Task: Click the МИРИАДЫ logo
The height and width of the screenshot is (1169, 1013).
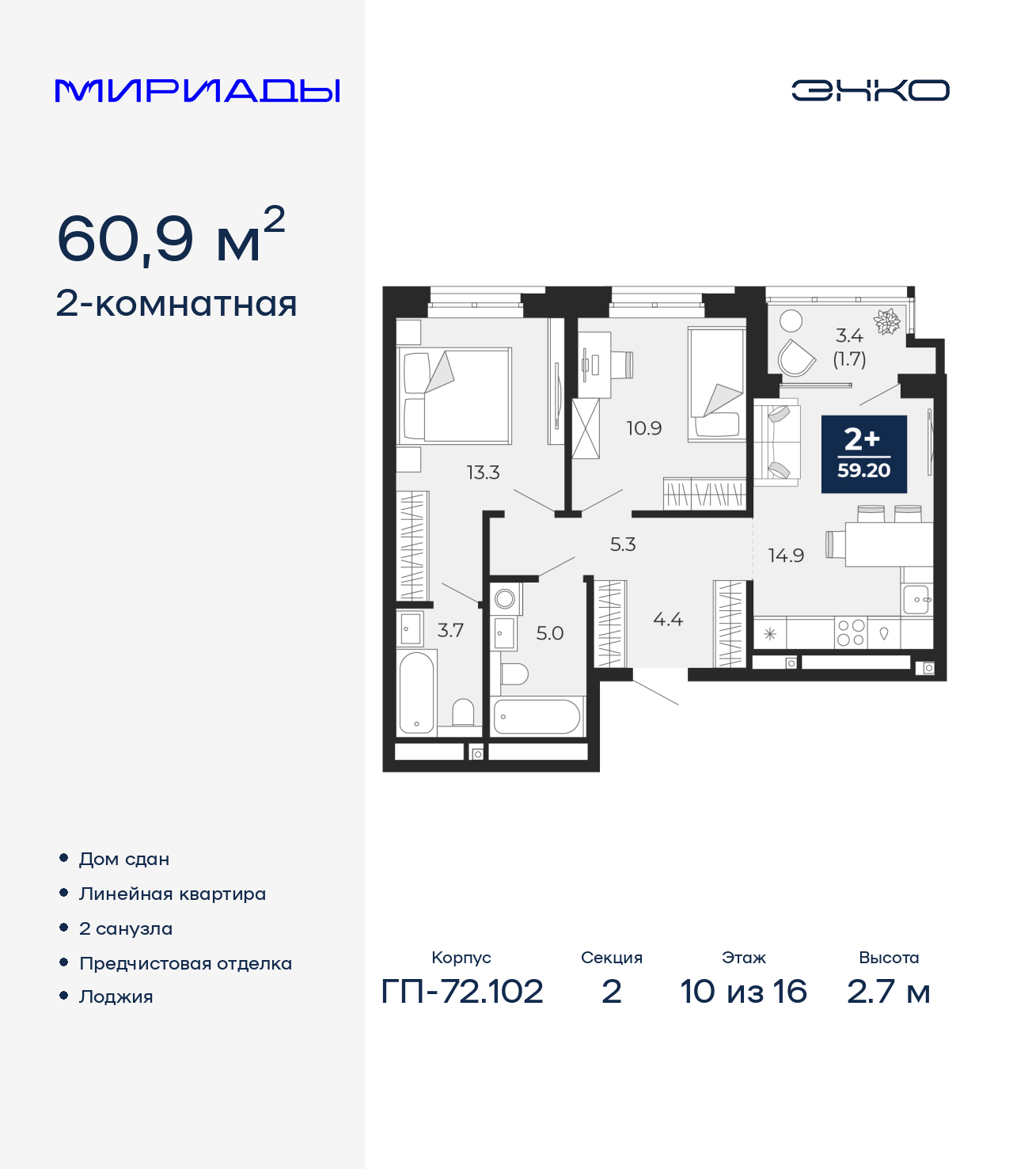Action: [x=197, y=90]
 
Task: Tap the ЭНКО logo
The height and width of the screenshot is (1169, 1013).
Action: [x=870, y=90]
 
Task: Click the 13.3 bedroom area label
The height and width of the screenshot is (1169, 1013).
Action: [x=483, y=473]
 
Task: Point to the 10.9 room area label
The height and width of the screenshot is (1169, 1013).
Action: [x=643, y=428]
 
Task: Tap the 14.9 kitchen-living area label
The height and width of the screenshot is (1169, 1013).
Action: [x=786, y=556]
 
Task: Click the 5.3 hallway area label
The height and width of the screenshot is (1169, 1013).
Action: [x=623, y=545]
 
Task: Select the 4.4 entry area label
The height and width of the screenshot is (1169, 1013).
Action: [x=668, y=620]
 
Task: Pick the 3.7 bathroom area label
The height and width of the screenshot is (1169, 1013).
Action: [x=450, y=631]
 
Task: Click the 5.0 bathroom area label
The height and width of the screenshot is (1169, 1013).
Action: [x=550, y=633]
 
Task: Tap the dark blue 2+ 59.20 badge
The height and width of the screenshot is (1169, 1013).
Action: [x=863, y=454]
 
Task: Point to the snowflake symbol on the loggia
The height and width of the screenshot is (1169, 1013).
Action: [x=886, y=321]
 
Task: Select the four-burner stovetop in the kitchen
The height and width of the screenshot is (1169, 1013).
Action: [x=851, y=632]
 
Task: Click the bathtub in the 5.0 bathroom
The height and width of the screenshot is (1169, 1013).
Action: [x=537, y=717]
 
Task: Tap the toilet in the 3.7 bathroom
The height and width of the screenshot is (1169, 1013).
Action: [x=463, y=712]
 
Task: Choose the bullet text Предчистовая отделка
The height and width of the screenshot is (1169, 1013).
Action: [x=185, y=963]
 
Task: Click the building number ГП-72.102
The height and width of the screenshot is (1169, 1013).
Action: [x=462, y=991]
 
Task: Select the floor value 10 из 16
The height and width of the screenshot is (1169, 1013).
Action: [x=743, y=991]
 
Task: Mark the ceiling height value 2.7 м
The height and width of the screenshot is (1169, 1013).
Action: [x=888, y=991]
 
